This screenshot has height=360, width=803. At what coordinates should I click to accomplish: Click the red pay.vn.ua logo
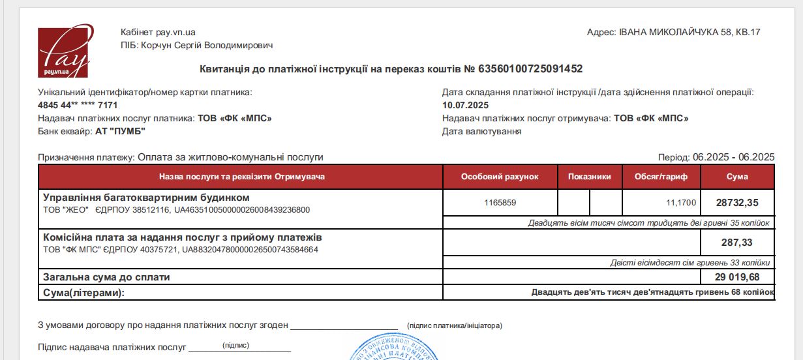click(x=63, y=52)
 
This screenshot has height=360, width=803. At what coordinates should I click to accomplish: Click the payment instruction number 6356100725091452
click(x=530, y=68)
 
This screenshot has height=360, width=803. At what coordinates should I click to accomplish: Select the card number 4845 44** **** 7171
click(x=78, y=105)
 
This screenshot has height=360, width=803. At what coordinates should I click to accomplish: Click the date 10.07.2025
click(x=465, y=105)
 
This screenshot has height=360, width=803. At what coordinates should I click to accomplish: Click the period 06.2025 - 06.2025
click(x=733, y=157)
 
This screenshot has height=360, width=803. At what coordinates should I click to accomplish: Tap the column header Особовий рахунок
click(x=500, y=177)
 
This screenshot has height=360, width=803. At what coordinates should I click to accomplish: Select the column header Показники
click(x=590, y=177)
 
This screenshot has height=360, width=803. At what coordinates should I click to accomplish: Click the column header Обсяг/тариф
click(x=661, y=177)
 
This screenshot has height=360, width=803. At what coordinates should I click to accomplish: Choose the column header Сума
click(x=737, y=177)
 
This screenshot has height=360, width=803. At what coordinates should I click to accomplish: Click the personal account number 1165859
click(x=500, y=203)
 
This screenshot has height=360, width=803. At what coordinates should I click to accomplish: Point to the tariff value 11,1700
click(x=681, y=203)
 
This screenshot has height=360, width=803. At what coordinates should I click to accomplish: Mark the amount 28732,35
click(x=737, y=203)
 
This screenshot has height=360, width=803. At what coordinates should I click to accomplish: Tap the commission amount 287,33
click(x=737, y=243)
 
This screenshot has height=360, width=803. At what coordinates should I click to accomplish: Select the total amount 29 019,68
click(x=737, y=277)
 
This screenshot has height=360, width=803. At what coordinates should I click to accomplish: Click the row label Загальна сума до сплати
click(x=106, y=277)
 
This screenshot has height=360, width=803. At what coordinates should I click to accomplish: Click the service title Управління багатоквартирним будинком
click(x=146, y=197)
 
